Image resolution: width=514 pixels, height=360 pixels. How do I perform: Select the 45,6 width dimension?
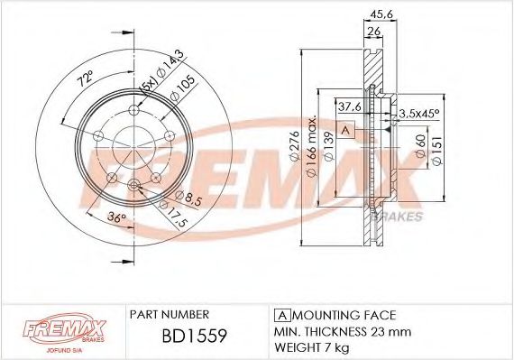tap(381, 14)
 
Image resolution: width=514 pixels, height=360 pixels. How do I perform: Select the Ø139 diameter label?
tap(328, 144)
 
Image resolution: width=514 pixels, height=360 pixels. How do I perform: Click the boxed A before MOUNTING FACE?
tap(280, 315)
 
